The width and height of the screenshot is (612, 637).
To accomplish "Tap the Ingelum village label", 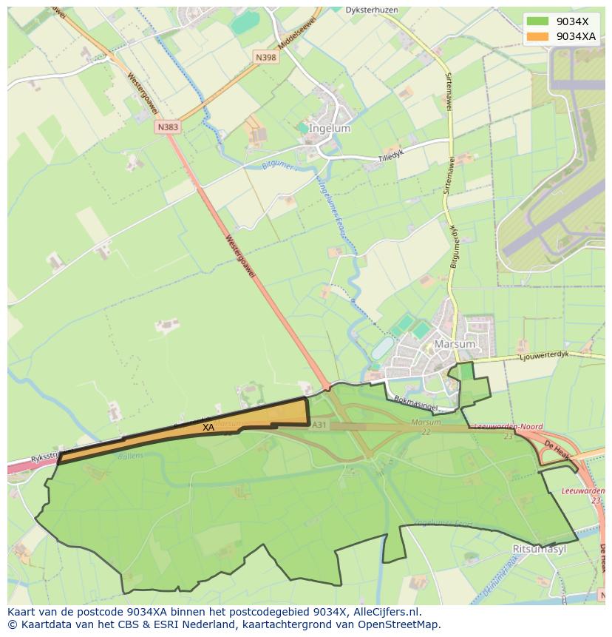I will click(x=330, y=128).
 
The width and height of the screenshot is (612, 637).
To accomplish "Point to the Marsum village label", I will click(x=455, y=344).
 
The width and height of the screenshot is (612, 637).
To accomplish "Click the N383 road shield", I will click(x=168, y=127).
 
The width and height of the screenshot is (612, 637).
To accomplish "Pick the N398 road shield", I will click(x=266, y=57).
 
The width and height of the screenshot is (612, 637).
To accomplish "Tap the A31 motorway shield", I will click(x=319, y=425).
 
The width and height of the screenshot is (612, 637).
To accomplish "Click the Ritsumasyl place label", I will click(x=539, y=549).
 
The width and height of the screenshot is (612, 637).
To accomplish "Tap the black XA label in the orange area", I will click(x=208, y=427).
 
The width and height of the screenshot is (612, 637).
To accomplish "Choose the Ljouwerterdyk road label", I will click(x=545, y=355).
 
